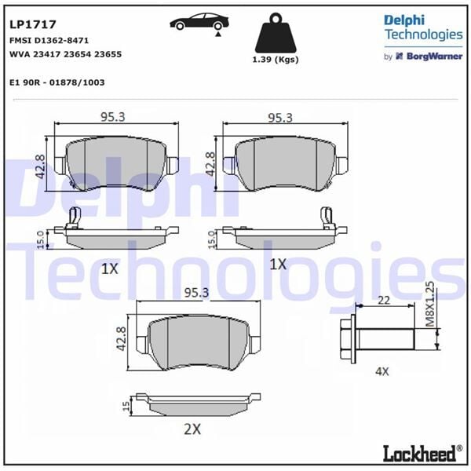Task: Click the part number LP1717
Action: click(x=27, y=26)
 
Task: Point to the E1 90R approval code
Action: click(x=57, y=82)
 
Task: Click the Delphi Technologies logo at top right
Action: click(x=422, y=27)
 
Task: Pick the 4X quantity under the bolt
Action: click(x=382, y=371)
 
